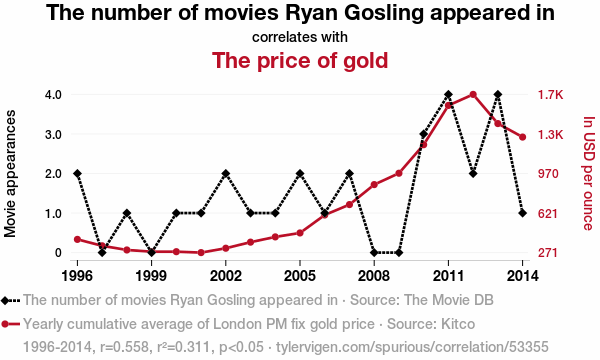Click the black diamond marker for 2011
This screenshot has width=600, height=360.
[x=448, y=94]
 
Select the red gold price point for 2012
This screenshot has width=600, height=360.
[x=473, y=94]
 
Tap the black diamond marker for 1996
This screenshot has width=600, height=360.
[x=78, y=174]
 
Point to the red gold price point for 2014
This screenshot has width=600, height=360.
[x=522, y=137]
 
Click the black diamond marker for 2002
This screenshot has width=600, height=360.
[x=226, y=174]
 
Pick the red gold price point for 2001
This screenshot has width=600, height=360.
[x=201, y=252]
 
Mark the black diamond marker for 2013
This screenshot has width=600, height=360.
[x=498, y=94]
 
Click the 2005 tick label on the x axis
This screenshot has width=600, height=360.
[x=300, y=276]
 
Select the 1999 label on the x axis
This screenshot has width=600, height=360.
[x=152, y=276]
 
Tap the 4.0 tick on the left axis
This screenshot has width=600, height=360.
[x=54, y=94]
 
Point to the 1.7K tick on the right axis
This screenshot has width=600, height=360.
[x=551, y=94]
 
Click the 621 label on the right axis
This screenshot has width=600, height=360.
[x=548, y=213]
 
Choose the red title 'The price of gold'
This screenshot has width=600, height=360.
[x=300, y=60]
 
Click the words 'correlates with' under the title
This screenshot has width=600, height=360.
[x=300, y=37]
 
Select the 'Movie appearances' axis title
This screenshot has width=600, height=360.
[x=10, y=173]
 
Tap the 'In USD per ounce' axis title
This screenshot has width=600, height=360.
[x=589, y=173]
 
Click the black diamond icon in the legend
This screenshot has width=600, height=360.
[x=5, y=300]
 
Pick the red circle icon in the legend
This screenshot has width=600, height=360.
[x=5, y=324]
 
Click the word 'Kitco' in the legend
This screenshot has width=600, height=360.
[x=458, y=324]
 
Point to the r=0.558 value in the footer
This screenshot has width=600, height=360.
[x=124, y=347]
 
